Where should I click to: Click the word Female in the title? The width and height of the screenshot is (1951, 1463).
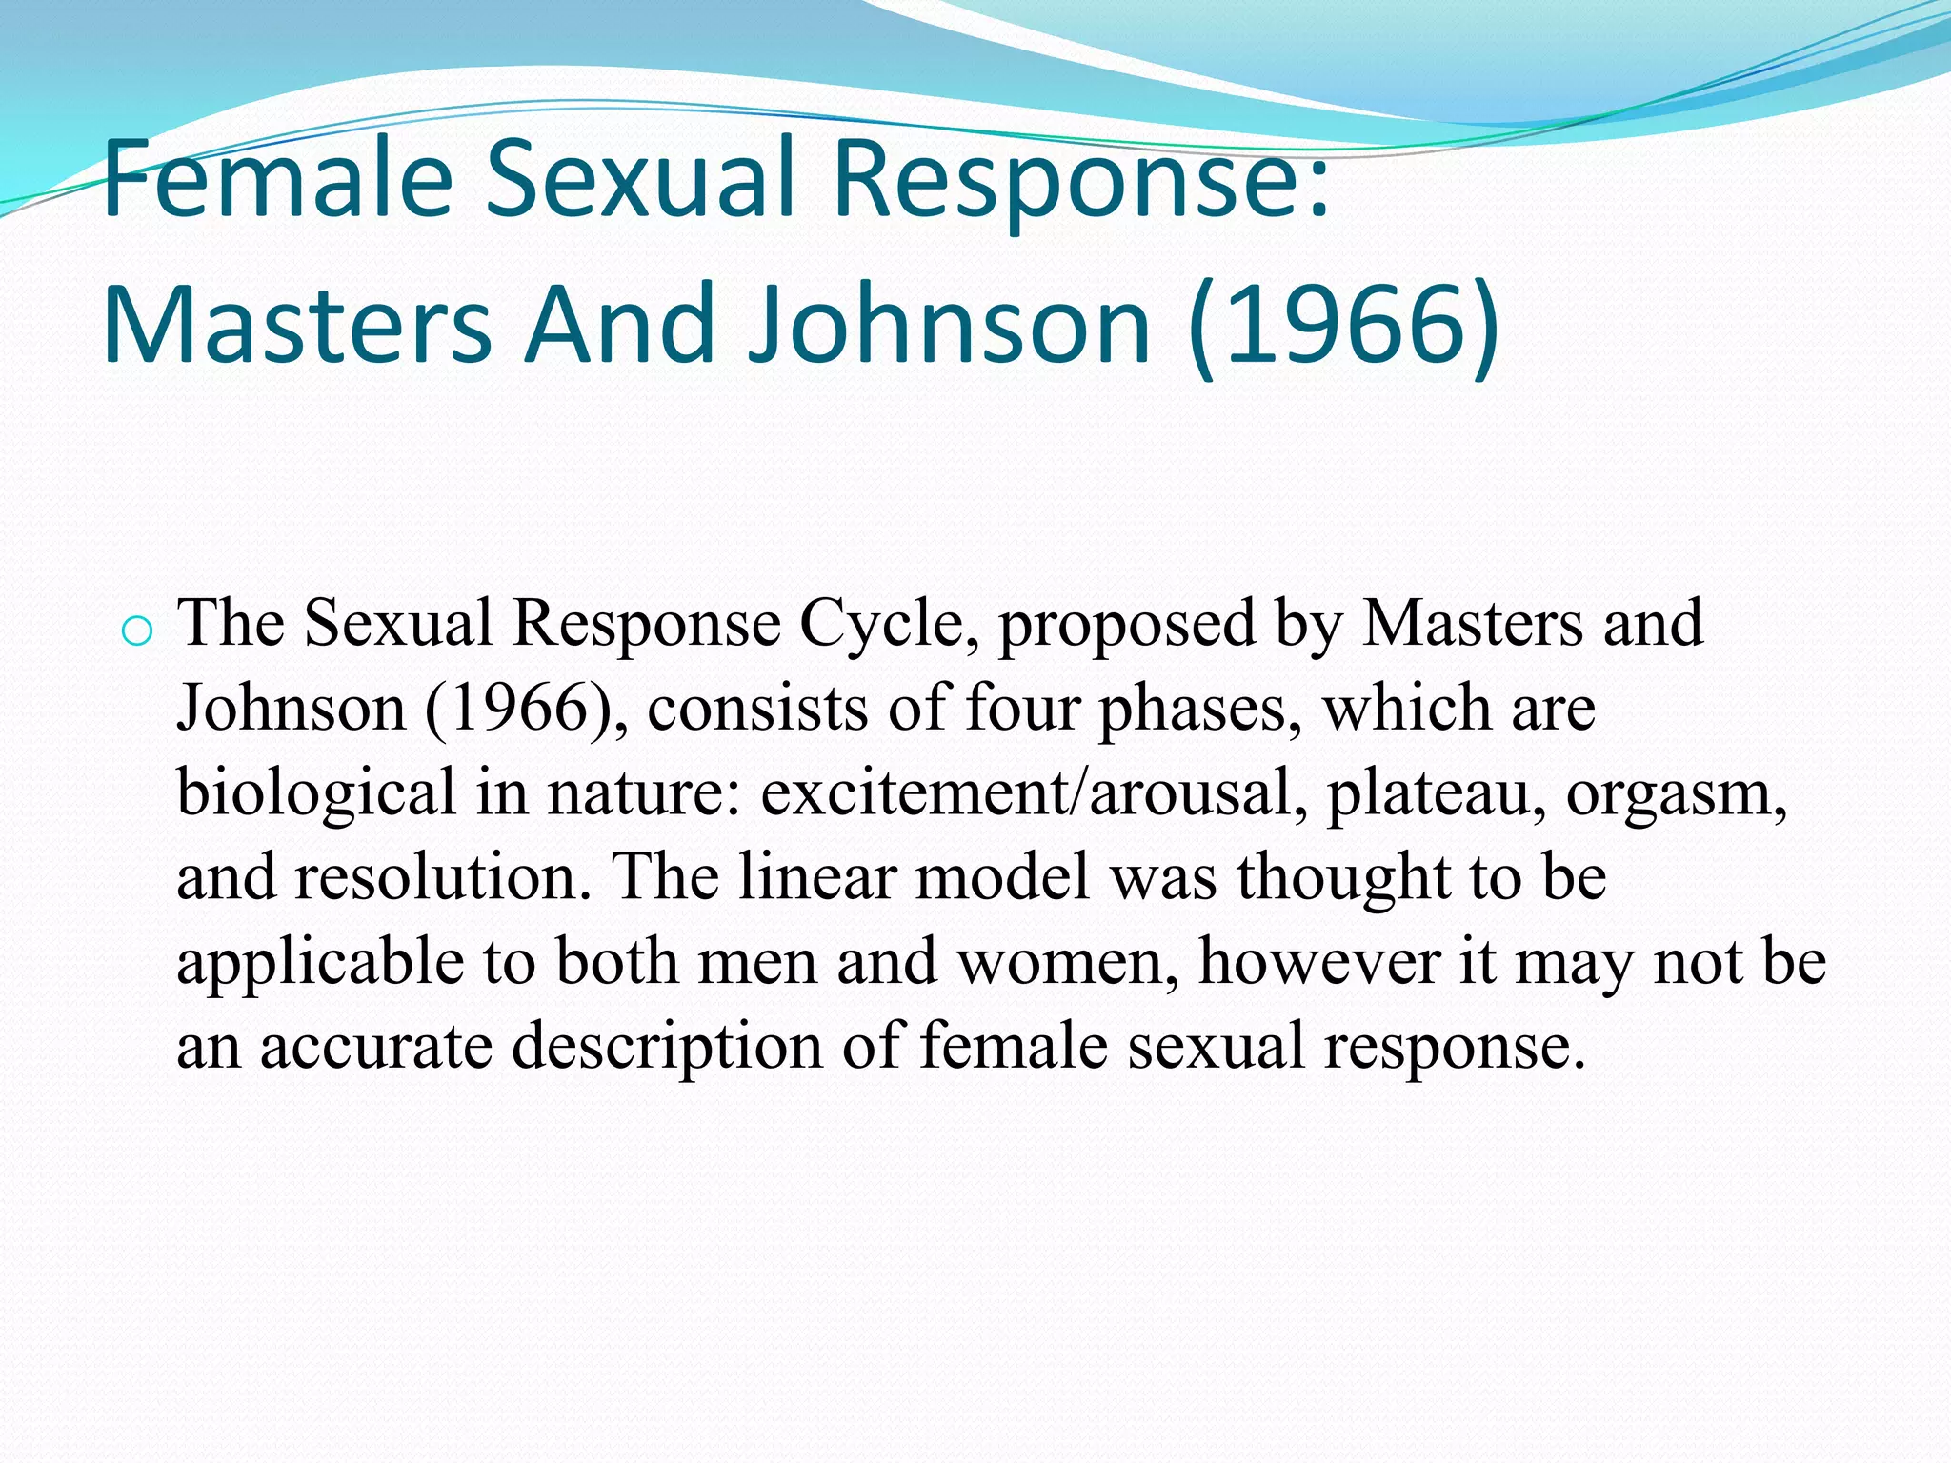277,180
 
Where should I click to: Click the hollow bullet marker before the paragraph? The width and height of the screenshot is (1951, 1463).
137,631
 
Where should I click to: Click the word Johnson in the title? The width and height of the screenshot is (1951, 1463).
949,325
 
